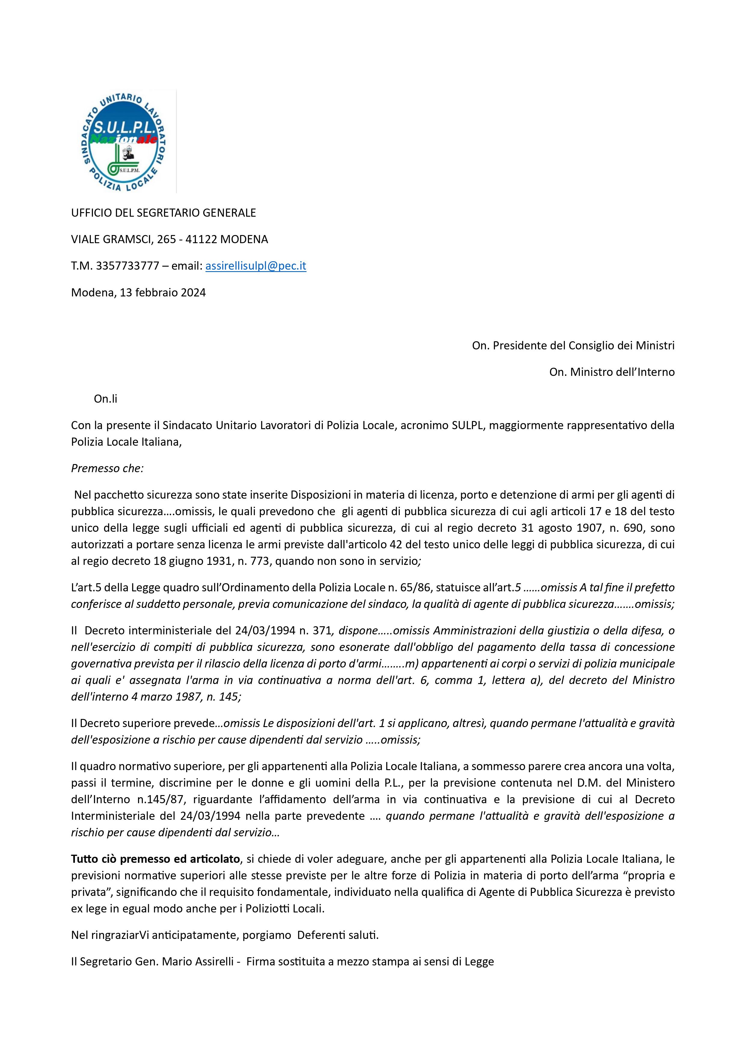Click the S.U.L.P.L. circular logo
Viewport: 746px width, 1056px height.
click(123, 142)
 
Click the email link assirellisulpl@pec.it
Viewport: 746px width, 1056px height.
click(256, 266)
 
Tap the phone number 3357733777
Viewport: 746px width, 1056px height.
click(127, 266)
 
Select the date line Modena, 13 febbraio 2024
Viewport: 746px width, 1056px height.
click(138, 293)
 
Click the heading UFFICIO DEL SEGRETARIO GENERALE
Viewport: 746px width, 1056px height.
click(163, 212)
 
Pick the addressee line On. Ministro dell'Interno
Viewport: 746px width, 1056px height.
click(612, 372)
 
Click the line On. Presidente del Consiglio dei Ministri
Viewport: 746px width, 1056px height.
click(573, 345)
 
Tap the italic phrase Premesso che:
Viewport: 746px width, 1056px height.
click(107, 468)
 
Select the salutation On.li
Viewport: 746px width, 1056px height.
click(105, 399)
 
